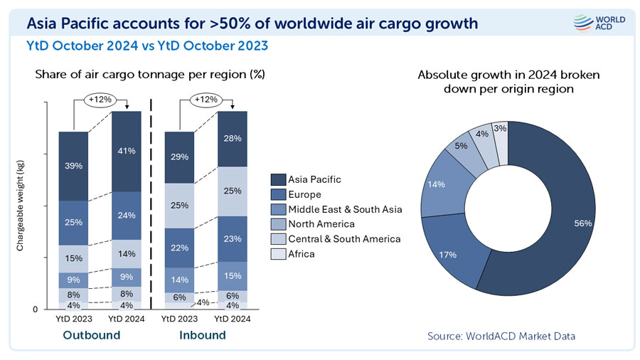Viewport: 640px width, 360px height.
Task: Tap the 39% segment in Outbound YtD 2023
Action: [x=73, y=165]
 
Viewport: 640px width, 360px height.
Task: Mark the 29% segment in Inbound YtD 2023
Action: [x=179, y=156]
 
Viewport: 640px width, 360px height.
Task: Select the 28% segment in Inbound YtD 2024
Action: [x=232, y=138]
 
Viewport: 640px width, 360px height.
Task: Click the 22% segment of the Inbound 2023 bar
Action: [x=179, y=247]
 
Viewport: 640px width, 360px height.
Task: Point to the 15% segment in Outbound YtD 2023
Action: [x=73, y=258]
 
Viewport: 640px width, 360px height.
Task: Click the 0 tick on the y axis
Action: [x=34, y=309]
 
